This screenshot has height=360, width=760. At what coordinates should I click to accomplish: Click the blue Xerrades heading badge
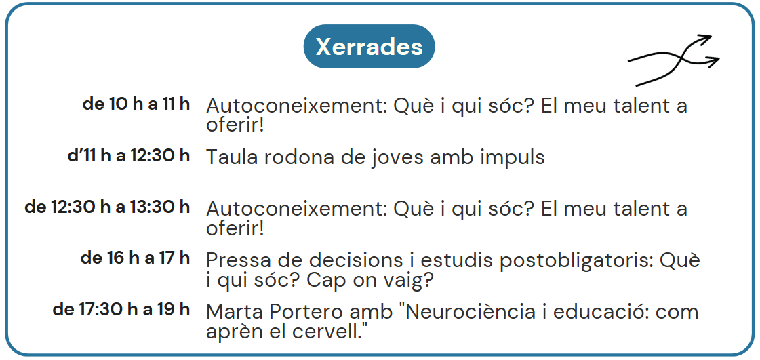point(369,47)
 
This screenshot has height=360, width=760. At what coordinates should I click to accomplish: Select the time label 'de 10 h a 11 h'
point(136,104)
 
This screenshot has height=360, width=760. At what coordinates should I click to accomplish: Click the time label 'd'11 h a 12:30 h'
point(128,155)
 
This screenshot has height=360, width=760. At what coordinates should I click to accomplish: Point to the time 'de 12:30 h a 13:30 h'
point(107,207)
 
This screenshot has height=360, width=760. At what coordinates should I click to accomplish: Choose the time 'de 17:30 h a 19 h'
point(121,310)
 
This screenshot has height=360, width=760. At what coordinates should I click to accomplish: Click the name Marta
point(231,313)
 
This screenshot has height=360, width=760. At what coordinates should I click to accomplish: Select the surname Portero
point(294,313)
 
